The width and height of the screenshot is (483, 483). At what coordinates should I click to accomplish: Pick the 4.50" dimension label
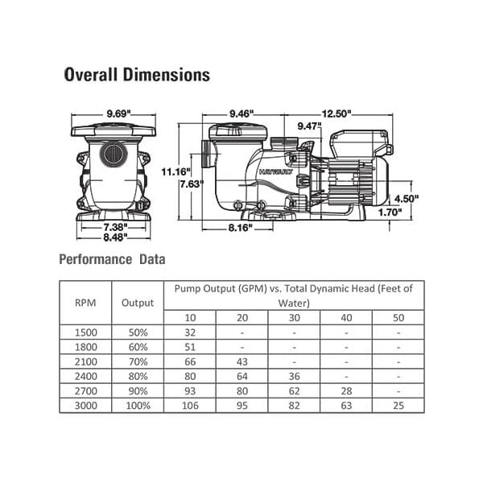(x=407, y=198)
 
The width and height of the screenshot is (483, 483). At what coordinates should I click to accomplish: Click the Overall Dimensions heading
(x=137, y=75)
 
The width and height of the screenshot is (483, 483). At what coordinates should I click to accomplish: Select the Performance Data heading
(x=112, y=259)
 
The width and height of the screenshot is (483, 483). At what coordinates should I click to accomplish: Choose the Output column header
(x=138, y=303)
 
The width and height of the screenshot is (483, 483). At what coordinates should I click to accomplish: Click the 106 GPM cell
(x=190, y=405)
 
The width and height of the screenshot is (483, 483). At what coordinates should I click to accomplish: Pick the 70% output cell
(x=138, y=361)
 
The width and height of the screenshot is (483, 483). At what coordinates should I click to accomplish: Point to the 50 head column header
(x=398, y=317)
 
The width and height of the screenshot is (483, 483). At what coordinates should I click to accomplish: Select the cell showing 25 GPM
(x=398, y=405)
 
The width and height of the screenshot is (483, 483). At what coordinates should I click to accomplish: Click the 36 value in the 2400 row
(x=294, y=376)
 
